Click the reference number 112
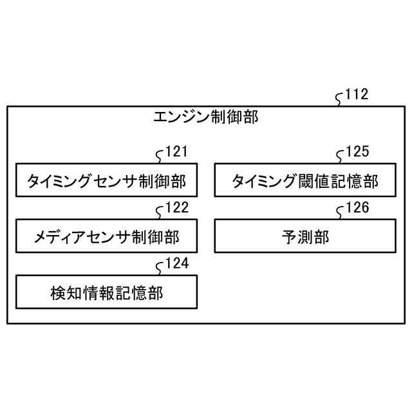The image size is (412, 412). (x=357, y=95)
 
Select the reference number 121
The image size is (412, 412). (x=176, y=152)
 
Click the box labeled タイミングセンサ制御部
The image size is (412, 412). (x=106, y=182)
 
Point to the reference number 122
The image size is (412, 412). (x=177, y=207)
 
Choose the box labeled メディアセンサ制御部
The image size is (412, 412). (x=106, y=237)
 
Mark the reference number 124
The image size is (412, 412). (x=177, y=263)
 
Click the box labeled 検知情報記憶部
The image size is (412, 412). (x=106, y=292)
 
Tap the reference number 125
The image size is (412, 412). (x=357, y=152)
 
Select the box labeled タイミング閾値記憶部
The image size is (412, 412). (x=304, y=182)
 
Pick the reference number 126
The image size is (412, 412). (x=357, y=207)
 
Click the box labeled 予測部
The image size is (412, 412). (x=304, y=237)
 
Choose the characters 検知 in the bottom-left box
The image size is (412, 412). (x=66, y=292)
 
